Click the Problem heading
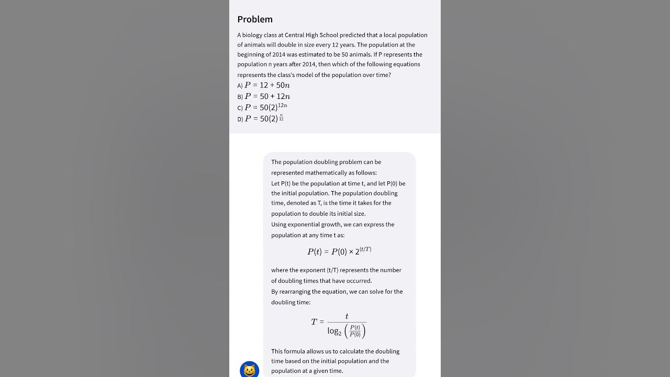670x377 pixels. pos(255,19)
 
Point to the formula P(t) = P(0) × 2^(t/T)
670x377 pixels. pos(339,251)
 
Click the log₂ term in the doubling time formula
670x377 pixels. pos(334,331)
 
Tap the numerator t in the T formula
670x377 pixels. pos(347,316)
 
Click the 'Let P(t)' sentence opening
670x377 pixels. pos(281,184)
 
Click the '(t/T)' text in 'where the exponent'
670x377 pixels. pos(332,270)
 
